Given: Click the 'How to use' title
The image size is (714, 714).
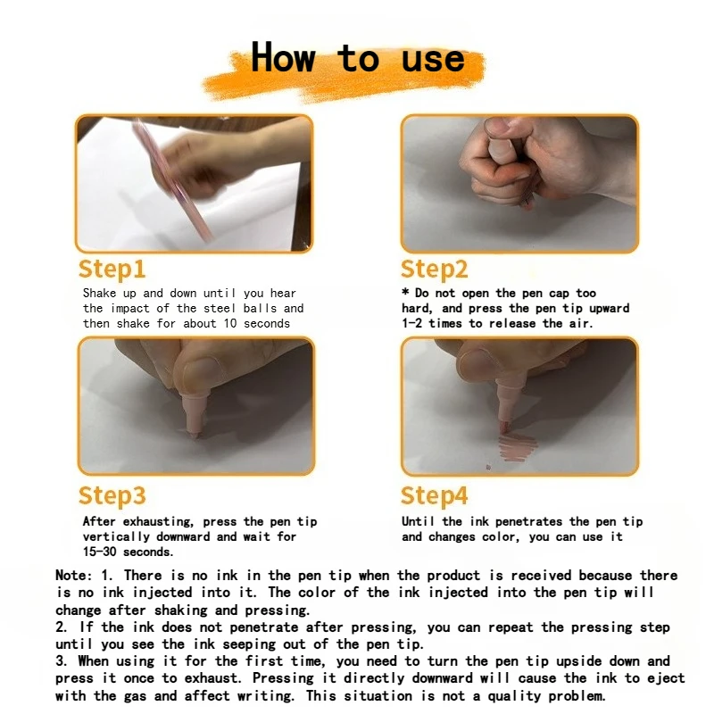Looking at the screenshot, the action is pos(358,58).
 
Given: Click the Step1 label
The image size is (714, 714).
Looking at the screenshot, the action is pos(112,270).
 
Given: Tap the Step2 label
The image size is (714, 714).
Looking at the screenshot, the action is pos(434,270).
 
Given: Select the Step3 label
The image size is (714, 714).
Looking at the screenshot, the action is pos(112,496).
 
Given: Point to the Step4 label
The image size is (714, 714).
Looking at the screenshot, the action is pos(434,496).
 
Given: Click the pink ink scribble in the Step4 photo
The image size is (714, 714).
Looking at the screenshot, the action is pos(517,446).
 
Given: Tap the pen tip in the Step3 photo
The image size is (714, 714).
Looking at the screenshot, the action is pos(195,433).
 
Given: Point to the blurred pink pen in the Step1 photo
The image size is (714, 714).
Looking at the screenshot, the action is pos(172,180).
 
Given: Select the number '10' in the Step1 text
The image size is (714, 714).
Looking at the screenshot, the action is pos(230,323).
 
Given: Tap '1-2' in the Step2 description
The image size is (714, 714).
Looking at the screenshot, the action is pos(411,323).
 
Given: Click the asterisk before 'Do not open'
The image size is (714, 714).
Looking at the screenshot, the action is pos(405,292).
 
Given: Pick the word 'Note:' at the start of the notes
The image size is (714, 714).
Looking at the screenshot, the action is pos(73,575).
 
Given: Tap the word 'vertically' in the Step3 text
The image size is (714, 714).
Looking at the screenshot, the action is pos(116,537).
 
